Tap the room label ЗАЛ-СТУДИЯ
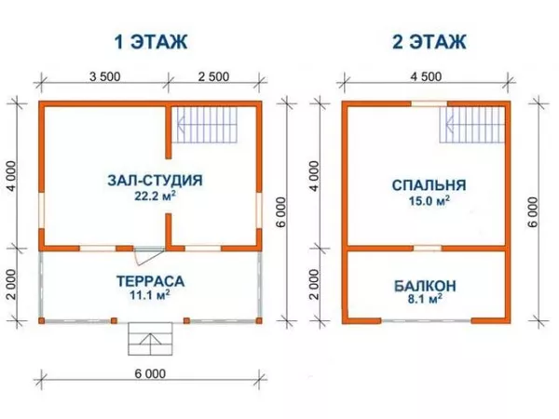[x=155, y=181]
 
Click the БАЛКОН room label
[x=423, y=284]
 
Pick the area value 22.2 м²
[x=156, y=197]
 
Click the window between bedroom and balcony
[x=427, y=248]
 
